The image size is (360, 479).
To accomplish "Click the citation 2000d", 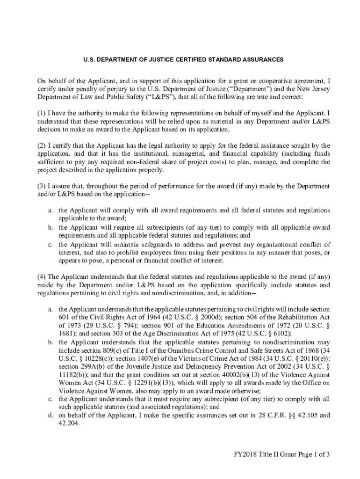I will click(212, 318).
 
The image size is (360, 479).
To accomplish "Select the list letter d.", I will click(50, 414).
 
